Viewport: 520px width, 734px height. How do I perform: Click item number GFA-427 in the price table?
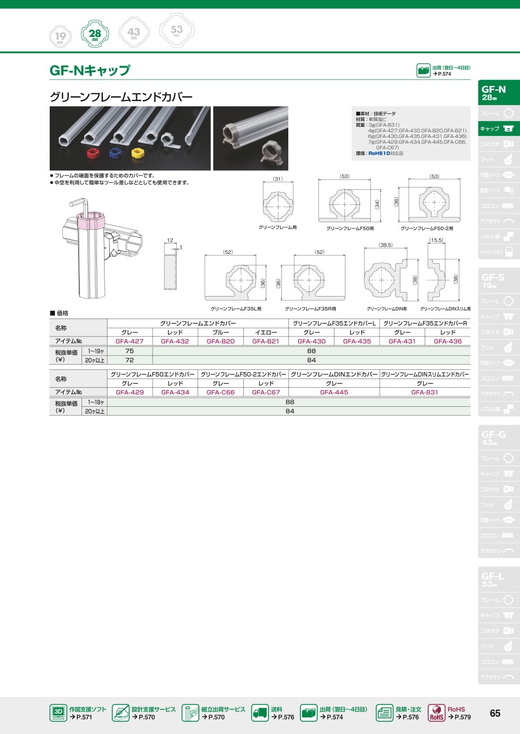click(x=129, y=341)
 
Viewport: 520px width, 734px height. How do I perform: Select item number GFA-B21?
click(x=266, y=341)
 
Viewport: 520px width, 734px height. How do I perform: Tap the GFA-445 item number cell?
click(x=335, y=392)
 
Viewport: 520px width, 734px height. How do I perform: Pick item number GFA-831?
click(x=425, y=392)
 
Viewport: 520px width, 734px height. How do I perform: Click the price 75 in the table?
click(x=129, y=351)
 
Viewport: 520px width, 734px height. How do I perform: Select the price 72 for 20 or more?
click(x=129, y=359)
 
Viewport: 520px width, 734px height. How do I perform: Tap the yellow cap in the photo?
click(x=138, y=153)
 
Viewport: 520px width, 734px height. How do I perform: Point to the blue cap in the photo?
click(x=114, y=153)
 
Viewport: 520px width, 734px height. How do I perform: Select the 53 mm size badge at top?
click(x=177, y=30)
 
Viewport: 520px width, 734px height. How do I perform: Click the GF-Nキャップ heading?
click(x=90, y=71)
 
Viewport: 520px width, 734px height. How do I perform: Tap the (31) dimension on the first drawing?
click(x=278, y=179)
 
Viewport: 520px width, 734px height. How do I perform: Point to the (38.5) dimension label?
click(x=385, y=245)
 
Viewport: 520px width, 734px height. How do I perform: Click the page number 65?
click(x=495, y=713)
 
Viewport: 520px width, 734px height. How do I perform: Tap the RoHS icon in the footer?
click(x=436, y=713)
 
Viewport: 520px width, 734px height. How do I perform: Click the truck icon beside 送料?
click(x=260, y=713)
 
